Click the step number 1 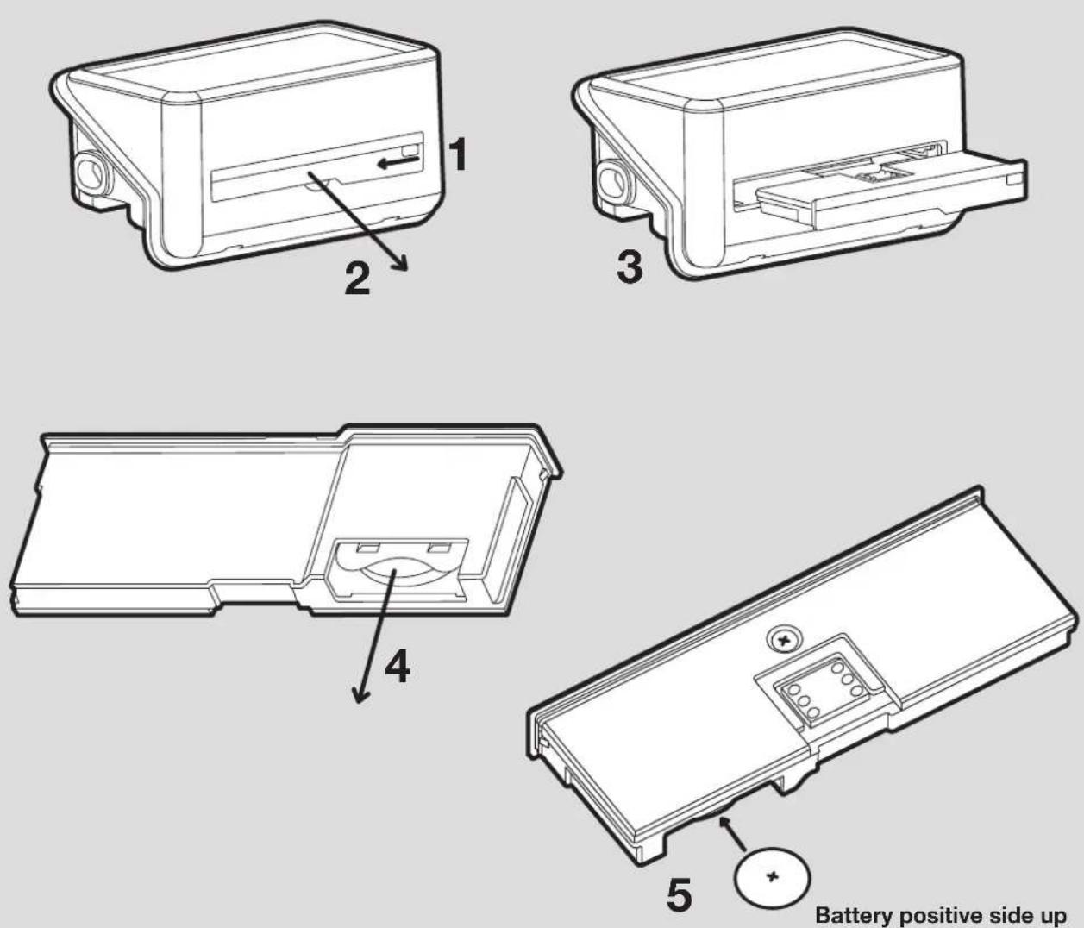[x=457, y=154]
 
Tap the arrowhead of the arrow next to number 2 [x=401, y=263]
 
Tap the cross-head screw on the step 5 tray [x=784, y=640]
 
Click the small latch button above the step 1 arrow [x=410, y=149]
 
